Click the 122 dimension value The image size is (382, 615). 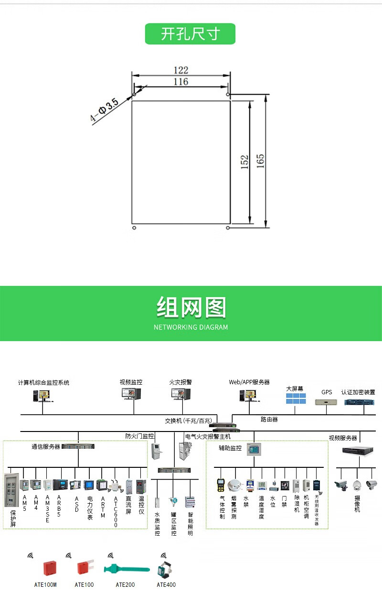click(x=180, y=70)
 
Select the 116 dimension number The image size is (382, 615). click(x=180, y=82)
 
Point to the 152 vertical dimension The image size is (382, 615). click(x=244, y=162)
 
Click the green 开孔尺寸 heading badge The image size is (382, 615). click(x=190, y=34)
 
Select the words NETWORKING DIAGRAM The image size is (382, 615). click(x=191, y=327)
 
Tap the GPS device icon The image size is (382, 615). click(x=327, y=402)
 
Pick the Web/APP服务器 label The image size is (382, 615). click(x=249, y=382)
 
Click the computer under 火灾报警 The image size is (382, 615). click(x=180, y=395)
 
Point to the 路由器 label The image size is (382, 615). click(x=269, y=420)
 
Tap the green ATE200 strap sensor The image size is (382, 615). click(x=124, y=569)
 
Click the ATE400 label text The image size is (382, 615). click(x=166, y=584)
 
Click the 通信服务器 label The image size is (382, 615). click(x=46, y=447)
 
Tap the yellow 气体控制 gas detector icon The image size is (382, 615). click(x=221, y=485)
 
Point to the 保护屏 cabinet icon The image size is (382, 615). click(x=11, y=490)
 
